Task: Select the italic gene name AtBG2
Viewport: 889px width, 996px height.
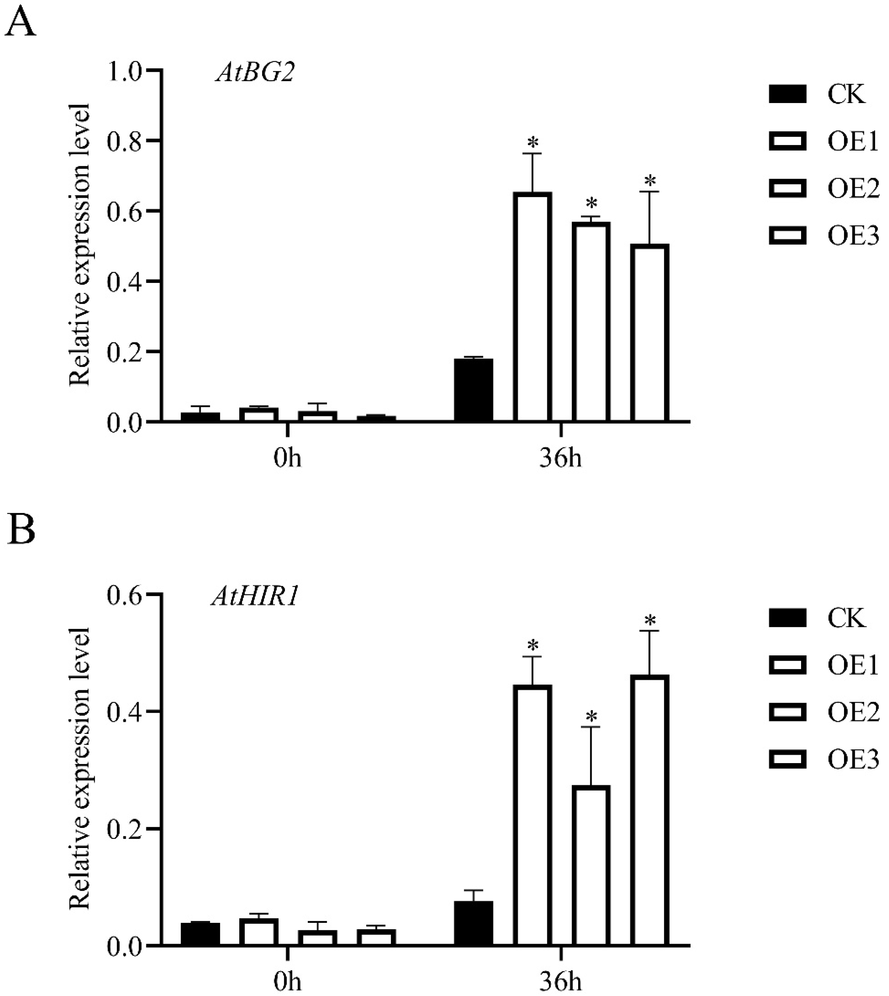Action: [x=255, y=74]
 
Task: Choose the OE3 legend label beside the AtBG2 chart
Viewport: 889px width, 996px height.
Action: [x=853, y=236]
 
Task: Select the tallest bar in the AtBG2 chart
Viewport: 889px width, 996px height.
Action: [x=532, y=307]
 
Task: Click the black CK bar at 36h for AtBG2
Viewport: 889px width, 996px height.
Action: [x=473, y=390]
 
